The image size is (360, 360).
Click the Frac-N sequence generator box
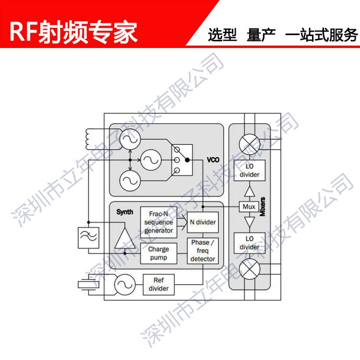pyautogui.click(x=159, y=221)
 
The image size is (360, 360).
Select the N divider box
pyautogui.click(x=201, y=223)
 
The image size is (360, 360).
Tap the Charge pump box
pyautogui.click(x=159, y=253)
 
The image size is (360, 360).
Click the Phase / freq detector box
pyautogui.click(x=202, y=251)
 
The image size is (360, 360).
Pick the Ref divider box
pyautogui.click(x=159, y=285)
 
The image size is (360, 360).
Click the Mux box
pyautogui.click(x=249, y=207)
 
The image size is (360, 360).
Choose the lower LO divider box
pyautogui.click(x=249, y=243)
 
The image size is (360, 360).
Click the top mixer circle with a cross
pyautogui.click(x=249, y=143)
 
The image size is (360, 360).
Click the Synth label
pyautogui.click(x=124, y=212)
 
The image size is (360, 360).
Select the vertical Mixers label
pyautogui.click(x=263, y=207)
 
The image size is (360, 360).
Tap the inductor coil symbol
pyautogui.click(x=90, y=139)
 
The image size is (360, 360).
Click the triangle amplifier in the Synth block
pyautogui.click(x=124, y=238)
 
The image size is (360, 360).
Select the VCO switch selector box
pyautogui.click(x=182, y=159)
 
